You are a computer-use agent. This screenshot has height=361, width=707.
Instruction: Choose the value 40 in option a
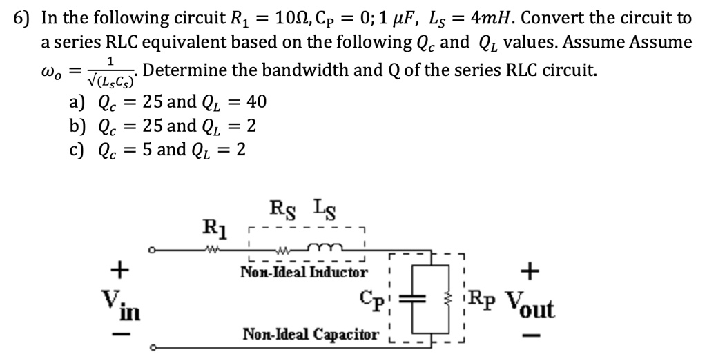tap(256, 103)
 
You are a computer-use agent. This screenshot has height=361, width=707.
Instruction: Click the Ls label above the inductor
tap(323, 206)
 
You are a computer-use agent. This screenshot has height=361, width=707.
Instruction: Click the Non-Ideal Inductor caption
tap(304, 272)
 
